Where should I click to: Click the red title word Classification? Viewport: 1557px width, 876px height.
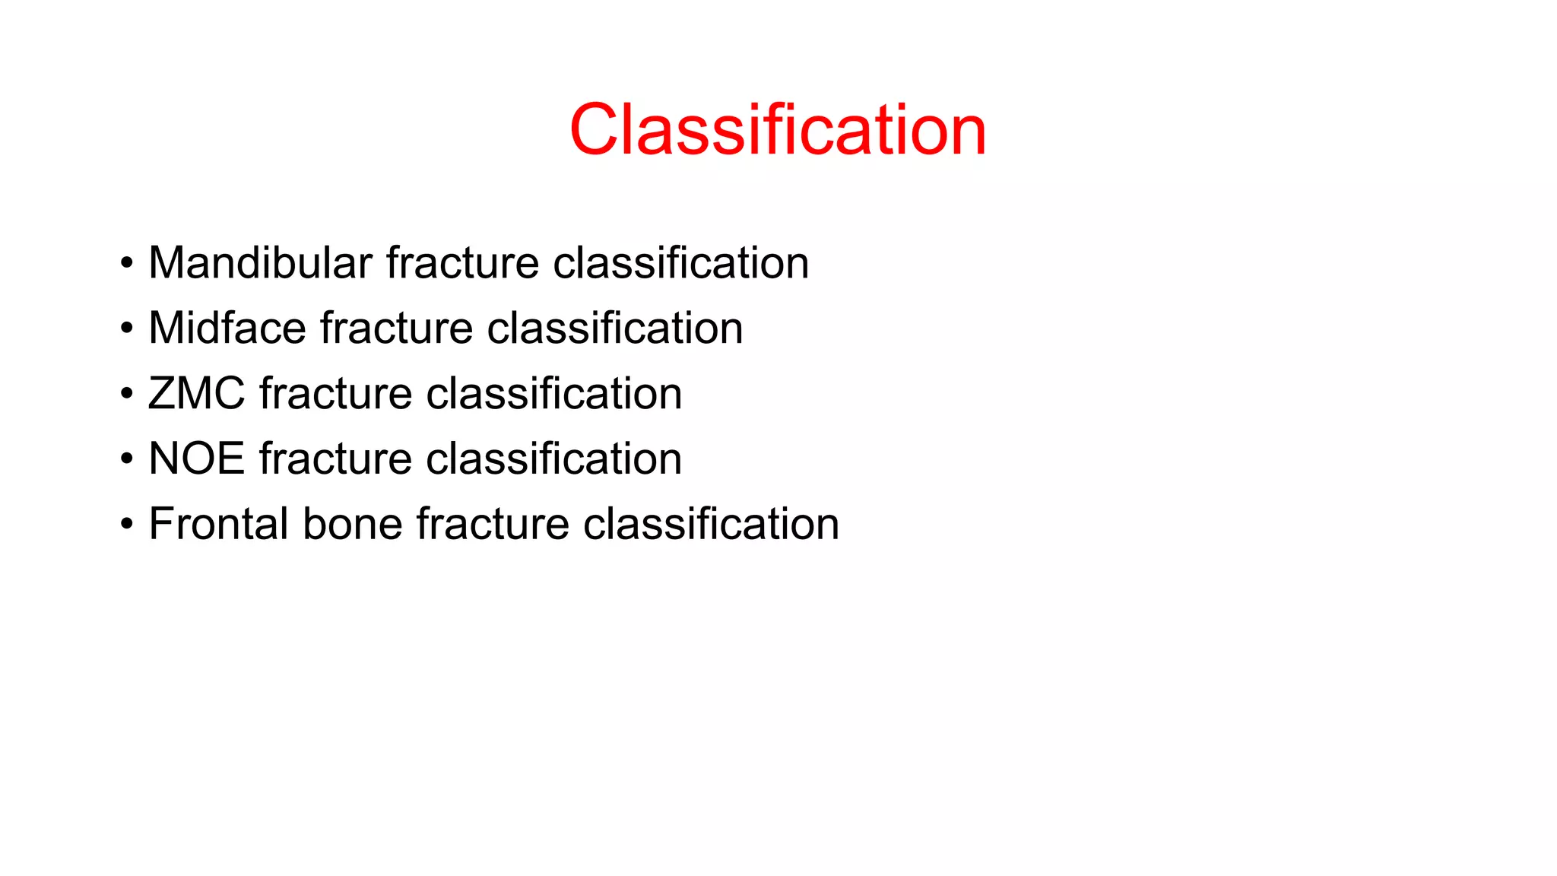pyautogui.click(x=778, y=130)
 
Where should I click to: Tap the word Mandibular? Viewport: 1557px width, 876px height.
pyautogui.click(x=260, y=263)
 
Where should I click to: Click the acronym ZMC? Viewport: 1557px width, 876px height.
pyautogui.click(x=196, y=394)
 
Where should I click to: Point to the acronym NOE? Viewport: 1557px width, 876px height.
pyautogui.click(x=196, y=459)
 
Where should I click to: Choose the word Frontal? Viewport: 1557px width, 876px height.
pyautogui.click(x=218, y=525)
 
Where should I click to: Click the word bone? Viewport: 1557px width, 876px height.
pyautogui.click(x=352, y=525)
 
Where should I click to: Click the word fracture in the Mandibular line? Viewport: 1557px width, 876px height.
pyautogui.click(x=462, y=263)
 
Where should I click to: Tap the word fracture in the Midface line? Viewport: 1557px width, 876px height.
pyautogui.click(x=396, y=328)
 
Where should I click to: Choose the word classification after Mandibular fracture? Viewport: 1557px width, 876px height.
pyautogui.click(x=680, y=263)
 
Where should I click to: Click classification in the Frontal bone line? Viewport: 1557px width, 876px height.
pyautogui.click(x=711, y=525)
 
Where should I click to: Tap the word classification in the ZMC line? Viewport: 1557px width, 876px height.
pyautogui.click(x=553, y=394)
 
